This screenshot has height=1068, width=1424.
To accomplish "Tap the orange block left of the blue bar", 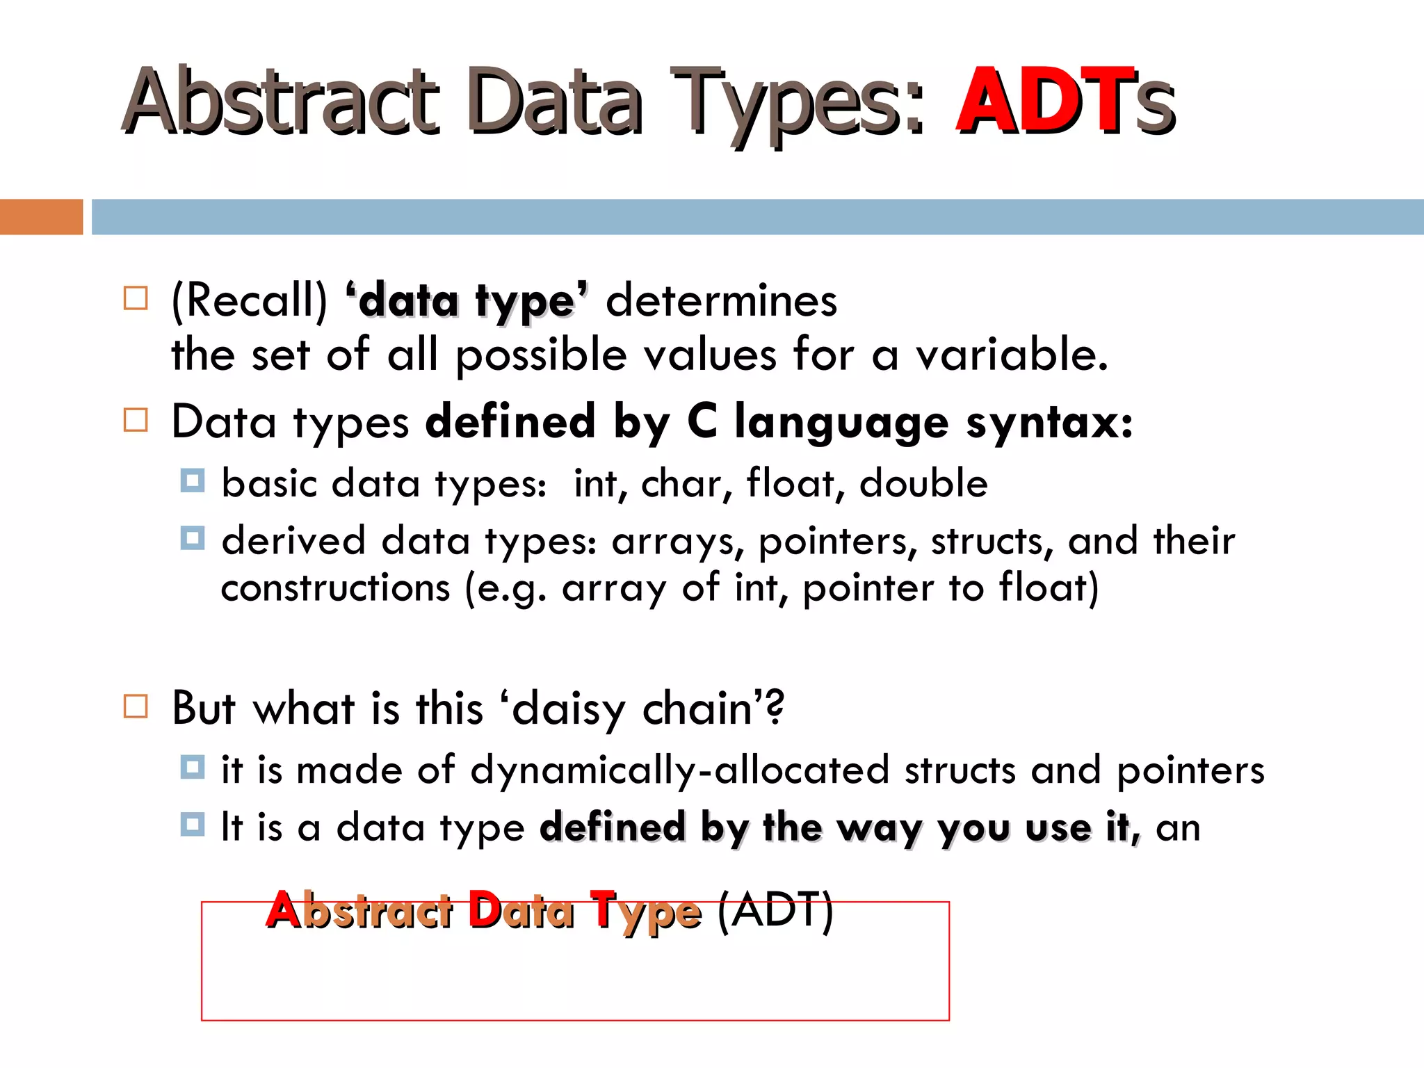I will click(41, 217).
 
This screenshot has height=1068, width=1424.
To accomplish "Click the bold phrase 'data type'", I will click(467, 302).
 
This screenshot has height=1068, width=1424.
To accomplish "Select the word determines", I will click(721, 302).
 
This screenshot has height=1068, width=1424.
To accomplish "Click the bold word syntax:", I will click(1049, 422).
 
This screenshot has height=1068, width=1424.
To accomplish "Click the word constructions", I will click(336, 588).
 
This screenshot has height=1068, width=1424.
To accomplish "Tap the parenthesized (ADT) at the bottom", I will click(775, 910).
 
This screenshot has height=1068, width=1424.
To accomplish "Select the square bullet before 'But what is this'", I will click(136, 706).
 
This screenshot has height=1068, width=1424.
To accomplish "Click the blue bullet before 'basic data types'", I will click(193, 480).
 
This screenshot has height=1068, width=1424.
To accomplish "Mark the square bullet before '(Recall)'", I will click(136, 298).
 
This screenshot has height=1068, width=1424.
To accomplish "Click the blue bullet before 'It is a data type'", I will click(193, 825).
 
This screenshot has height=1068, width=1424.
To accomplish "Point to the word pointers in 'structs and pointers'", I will click(1190, 770).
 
